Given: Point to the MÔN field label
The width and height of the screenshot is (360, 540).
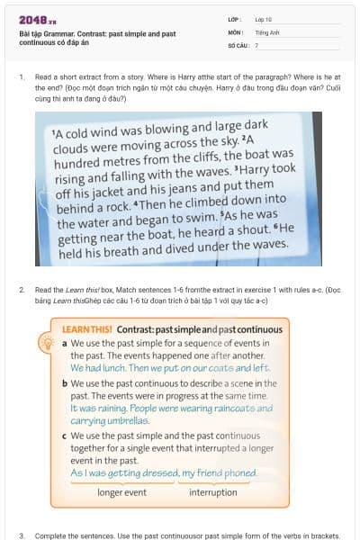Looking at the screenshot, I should click(x=236, y=31).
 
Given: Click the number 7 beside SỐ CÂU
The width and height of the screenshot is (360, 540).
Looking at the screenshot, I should click(x=256, y=44).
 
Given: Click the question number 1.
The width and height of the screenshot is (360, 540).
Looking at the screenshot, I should click(x=21, y=78).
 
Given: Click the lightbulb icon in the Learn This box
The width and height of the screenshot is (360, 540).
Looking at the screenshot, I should click(x=44, y=343).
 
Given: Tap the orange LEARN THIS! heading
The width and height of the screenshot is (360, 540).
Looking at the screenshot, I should click(x=95, y=329).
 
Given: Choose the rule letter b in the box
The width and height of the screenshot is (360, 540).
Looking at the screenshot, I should click(x=65, y=383).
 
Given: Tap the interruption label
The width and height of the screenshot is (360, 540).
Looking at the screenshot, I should click(x=213, y=492).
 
